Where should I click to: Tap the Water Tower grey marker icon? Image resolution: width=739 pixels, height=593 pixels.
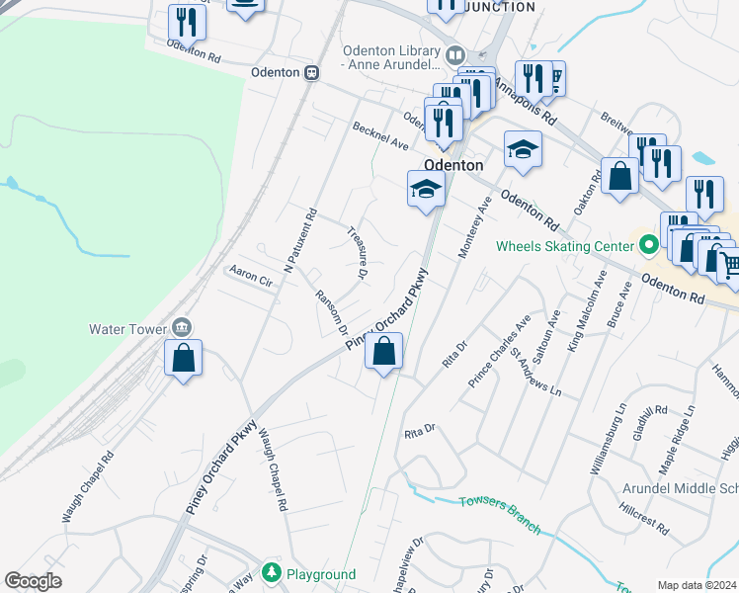pyautogui.click(x=182, y=327)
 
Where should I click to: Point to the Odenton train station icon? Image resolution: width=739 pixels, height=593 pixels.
pyautogui.click(x=311, y=72)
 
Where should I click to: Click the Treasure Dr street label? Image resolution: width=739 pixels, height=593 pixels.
pyautogui.click(x=358, y=253)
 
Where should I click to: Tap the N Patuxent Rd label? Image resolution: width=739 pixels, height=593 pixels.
pyautogui.click(x=298, y=240)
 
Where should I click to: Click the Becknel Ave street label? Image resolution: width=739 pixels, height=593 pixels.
pyautogui.click(x=380, y=137)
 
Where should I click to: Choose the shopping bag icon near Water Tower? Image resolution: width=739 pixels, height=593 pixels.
pyautogui.click(x=184, y=358)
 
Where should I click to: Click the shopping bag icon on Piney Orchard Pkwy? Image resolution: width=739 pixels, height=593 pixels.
pyautogui.click(x=383, y=351)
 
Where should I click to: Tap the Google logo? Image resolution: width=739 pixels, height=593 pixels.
pyautogui.click(x=34, y=581)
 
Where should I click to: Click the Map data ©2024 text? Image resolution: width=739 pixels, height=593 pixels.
pyautogui.click(x=697, y=585)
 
